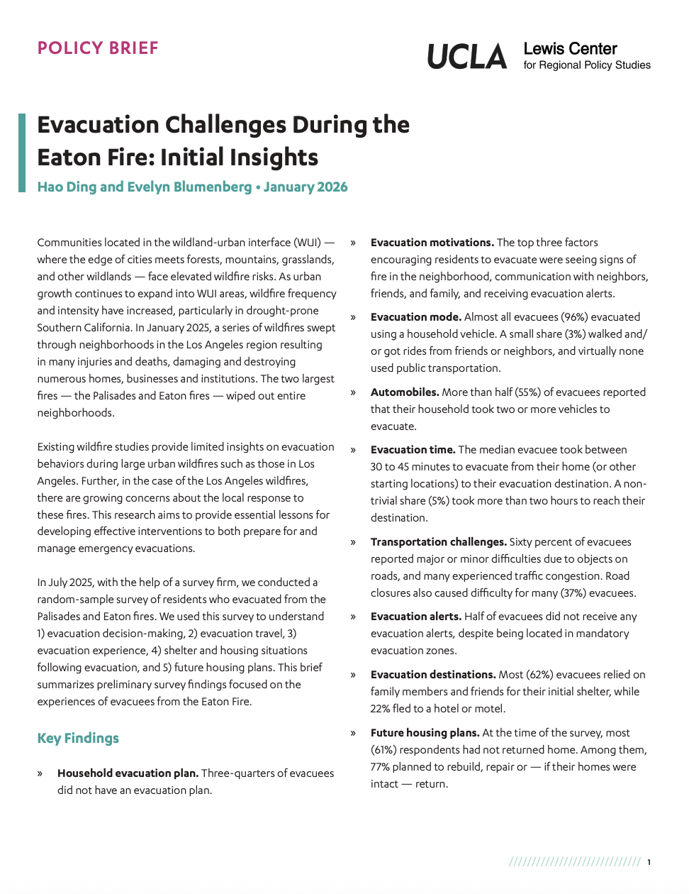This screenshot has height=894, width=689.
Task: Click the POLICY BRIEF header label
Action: pos(98,48)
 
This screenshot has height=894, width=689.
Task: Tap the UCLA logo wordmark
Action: pos(467,57)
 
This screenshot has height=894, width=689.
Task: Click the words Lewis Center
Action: pos(570,49)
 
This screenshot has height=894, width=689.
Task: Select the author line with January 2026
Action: pos(192,187)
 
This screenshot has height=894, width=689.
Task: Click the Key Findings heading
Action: pos(78,738)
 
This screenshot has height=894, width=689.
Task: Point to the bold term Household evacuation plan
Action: pos(128,773)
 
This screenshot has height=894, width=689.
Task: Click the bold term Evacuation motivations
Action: pos(432,243)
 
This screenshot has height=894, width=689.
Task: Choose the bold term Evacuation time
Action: pos(413,450)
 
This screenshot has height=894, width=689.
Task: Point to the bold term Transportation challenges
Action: pos(438,542)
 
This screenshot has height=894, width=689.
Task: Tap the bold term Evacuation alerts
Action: pos(415,617)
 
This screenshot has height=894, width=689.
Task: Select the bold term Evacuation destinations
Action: pos(432,675)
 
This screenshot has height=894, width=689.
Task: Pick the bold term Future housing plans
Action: pos(425,733)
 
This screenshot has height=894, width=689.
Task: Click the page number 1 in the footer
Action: pos(649,862)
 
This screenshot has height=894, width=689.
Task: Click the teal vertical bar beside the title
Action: pos(22,153)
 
